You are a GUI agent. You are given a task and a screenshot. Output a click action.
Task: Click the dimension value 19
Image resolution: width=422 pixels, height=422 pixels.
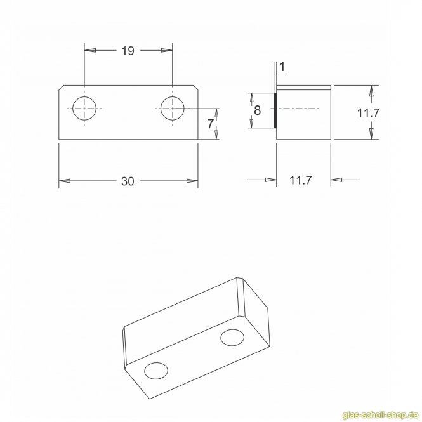(128, 51)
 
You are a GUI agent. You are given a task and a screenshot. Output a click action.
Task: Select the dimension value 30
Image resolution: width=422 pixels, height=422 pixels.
(128, 181)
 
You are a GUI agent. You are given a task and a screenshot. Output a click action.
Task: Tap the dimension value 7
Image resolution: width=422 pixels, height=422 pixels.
(211, 124)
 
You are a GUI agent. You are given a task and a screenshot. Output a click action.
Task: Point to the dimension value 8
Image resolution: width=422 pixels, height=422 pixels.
(257, 110)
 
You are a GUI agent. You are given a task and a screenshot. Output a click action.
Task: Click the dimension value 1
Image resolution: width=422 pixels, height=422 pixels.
(282, 67)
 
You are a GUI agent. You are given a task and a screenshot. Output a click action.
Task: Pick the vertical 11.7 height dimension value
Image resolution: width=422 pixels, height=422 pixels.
(369, 113)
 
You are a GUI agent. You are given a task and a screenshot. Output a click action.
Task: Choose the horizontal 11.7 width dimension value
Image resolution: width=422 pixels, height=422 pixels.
(301, 180)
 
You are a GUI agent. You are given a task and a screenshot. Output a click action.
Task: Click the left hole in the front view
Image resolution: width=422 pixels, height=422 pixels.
(84, 108)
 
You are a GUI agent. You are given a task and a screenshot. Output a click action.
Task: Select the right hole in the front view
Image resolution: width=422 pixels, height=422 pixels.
(172, 108)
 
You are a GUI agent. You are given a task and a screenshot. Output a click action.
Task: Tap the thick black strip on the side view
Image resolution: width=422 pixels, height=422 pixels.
(275, 110)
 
